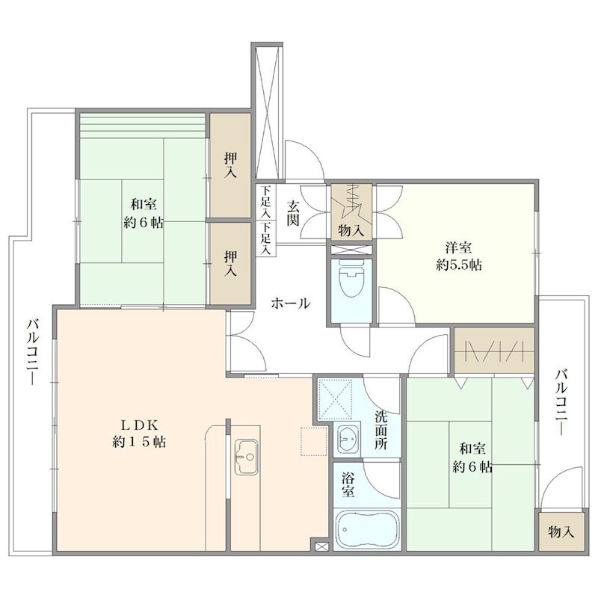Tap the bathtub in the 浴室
(367, 529)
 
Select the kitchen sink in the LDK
(246, 457)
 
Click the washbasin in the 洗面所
(348, 439)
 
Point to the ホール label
(290, 304)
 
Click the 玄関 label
(293, 213)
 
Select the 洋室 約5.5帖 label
(458, 256)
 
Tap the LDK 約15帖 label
(139, 434)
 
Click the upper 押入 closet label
(230, 164)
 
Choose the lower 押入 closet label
(230, 263)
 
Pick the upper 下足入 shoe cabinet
(266, 201)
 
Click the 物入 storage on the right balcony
(561, 531)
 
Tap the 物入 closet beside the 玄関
(351, 212)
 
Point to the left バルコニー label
(32, 352)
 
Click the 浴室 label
(348, 484)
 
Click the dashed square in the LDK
(314, 442)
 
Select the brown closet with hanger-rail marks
(493, 350)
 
